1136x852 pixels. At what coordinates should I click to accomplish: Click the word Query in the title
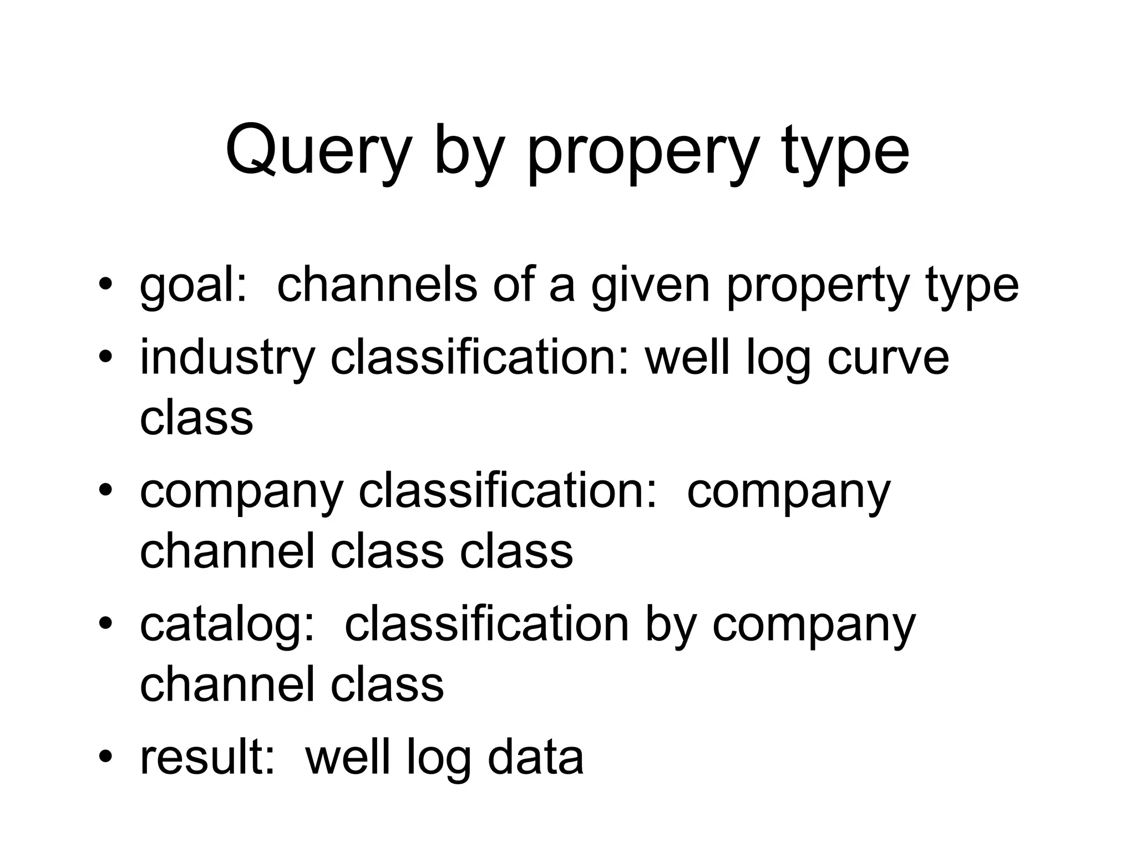(317, 151)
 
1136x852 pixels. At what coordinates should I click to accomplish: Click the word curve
(888, 358)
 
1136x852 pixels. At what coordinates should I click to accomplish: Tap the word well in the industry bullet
(687, 358)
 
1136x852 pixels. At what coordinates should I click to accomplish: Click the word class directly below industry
(196, 418)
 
